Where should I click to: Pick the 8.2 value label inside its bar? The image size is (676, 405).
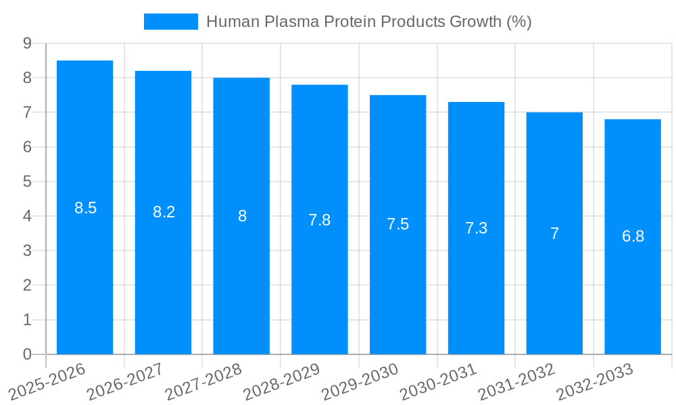(164, 212)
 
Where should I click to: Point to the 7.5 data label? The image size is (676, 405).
(397, 224)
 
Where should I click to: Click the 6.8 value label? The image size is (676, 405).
(633, 236)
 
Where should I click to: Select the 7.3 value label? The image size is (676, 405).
(476, 228)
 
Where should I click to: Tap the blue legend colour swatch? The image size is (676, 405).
(170, 22)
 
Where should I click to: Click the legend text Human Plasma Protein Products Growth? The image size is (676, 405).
(368, 22)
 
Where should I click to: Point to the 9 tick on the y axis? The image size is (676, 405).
(27, 43)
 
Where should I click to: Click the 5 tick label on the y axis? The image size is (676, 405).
(27, 182)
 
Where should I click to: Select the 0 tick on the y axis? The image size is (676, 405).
(27, 354)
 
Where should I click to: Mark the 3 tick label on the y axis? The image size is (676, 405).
(27, 250)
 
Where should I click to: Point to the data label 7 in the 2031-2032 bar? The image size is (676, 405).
(554, 234)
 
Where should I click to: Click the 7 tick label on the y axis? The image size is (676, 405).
(27, 112)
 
